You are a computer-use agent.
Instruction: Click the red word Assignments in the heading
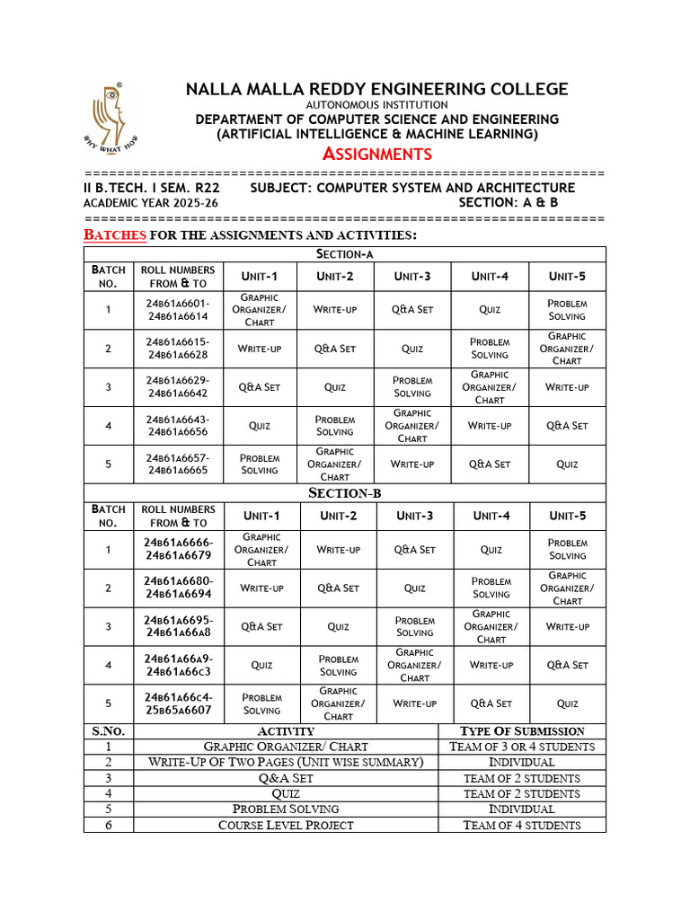(x=376, y=154)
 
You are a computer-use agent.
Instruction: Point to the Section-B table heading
(x=345, y=493)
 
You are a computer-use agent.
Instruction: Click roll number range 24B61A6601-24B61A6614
(x=178, y=310)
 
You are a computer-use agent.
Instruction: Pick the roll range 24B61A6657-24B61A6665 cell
(x=178, y=464)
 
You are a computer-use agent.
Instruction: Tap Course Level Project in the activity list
(x=286, y=825)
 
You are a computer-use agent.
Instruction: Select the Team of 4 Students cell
(x=521, y=825)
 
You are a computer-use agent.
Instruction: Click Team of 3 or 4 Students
(x=521, y=747)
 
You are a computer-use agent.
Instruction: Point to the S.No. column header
(x=108, y=731)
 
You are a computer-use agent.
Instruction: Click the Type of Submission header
(x=521, y=731)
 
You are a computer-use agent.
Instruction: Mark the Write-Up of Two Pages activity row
(x=286, y=762)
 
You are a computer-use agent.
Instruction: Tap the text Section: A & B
(x=508, y=203)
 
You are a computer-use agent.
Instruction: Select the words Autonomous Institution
(x=376, y=105)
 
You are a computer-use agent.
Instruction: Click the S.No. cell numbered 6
(x=108, y=825)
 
